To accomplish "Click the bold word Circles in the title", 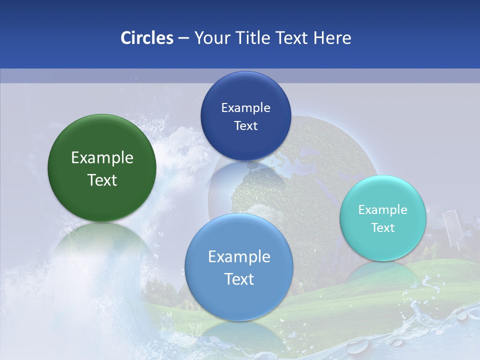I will [x=146, y=38].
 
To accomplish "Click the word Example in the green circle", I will [x=102, y=158].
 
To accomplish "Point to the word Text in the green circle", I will [x=102, y=180].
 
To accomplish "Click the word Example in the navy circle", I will [x=245, y=108].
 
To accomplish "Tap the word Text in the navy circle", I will [x=245, y=126].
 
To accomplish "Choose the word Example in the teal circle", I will [x=383, y=210].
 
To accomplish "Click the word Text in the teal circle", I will [x=383, y=228].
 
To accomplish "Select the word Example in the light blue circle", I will [x=238, y=257].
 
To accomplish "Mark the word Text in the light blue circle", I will [x=238, y=279].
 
